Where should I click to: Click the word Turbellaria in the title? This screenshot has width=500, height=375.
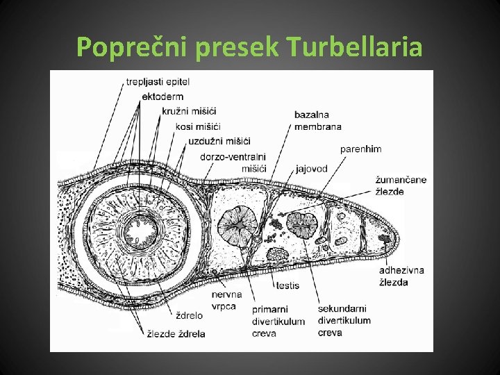pyautogui.click(x=353, y=47)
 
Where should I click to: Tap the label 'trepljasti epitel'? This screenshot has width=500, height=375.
pyautogui.click(x=158, y=82)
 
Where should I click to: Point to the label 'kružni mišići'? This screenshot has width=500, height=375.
pyautogui.click(x=189, y=111)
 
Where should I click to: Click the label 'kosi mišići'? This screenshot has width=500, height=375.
pyautogui.click(x=198, y=126)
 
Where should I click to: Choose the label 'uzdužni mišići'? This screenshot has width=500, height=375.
pyautogui.click(x=219, y=142)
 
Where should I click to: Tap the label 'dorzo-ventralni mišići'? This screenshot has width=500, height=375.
pyautogui.click(x=233, y=162)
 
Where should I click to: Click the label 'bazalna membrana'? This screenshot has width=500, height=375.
pyautogui.click(x=318, y=120)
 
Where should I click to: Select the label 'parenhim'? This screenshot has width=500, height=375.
pyautogui.click(x=360, y=149)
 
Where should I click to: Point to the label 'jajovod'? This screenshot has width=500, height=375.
pyautogui.click(x=311, y=169)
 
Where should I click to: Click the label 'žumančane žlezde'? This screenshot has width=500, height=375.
pyautogui.click(x=401, y=185)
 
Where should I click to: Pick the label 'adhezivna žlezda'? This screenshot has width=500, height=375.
pyautogui.click(x=401, y=276)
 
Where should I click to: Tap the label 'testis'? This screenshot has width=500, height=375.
pyautogui.click(x=287, y=285)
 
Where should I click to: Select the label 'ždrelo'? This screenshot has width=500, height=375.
pyautogui.click(x=189, y=316)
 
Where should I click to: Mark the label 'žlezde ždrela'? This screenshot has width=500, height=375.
pyautogui.click(x=176, y=333)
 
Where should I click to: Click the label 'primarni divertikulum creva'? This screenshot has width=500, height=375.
pyautogui.click(x=278, y=321)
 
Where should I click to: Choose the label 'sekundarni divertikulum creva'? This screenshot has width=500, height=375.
pyautogui.click(x=344, y=320)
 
